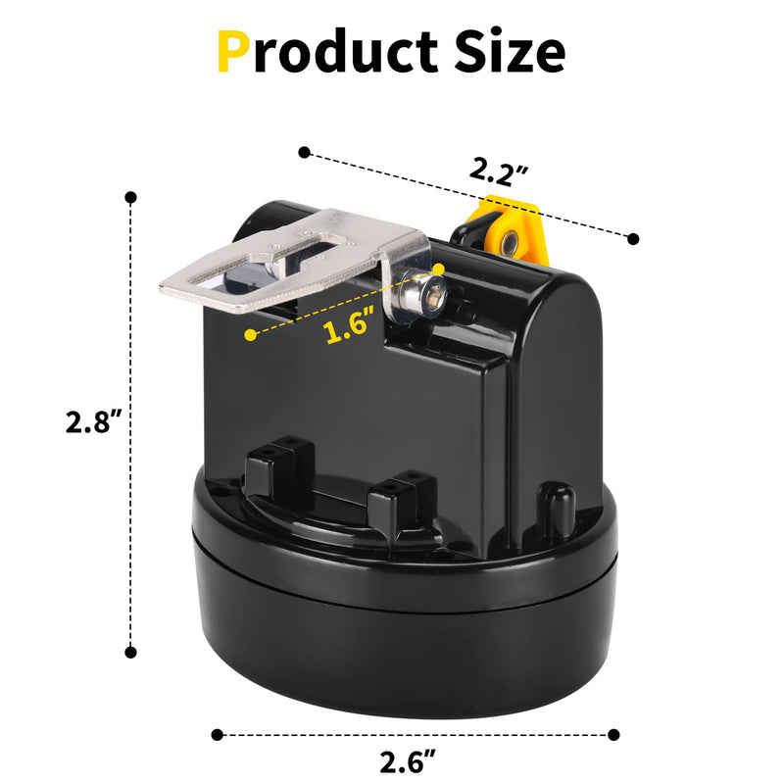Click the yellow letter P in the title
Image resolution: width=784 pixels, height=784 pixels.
coord(233,52)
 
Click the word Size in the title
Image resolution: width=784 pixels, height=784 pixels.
coord(510,52)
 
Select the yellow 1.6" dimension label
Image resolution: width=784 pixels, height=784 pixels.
coord(350,325)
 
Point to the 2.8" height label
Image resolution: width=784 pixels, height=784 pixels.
coord(94,421)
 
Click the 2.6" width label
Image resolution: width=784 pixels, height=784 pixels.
coord(408,761)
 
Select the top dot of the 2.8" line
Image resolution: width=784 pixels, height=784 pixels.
coord(131,198)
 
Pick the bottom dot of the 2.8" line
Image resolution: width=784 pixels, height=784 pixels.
coord(131,652)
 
